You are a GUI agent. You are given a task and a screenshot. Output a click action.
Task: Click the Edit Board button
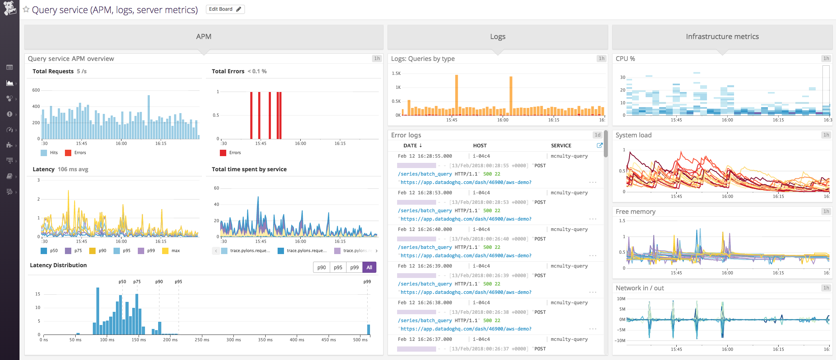225,9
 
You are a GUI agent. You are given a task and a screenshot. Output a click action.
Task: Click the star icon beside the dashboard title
26,9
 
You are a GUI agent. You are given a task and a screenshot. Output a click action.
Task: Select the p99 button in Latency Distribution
354,267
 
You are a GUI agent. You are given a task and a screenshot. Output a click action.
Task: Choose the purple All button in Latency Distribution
369,267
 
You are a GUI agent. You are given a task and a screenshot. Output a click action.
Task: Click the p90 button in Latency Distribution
321,267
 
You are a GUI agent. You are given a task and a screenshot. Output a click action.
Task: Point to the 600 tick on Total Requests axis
36,90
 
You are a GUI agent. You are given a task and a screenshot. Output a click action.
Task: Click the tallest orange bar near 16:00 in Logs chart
511,96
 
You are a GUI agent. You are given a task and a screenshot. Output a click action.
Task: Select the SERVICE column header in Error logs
561,145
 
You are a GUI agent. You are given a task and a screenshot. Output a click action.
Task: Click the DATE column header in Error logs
412,145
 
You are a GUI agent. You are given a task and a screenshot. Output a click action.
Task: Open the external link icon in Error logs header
599,145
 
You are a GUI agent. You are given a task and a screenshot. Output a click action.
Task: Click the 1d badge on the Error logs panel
597,135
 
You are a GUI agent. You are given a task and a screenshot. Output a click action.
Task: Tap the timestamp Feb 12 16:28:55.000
425,156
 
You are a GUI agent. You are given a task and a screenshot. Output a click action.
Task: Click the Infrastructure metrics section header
722,37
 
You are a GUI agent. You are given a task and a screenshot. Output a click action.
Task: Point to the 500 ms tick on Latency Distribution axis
360,340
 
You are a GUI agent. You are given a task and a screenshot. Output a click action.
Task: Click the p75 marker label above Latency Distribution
137,282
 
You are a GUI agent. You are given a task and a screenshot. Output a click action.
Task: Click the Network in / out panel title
639,288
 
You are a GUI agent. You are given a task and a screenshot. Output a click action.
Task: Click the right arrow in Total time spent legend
376,250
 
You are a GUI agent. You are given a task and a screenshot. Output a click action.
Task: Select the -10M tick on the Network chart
621,340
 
